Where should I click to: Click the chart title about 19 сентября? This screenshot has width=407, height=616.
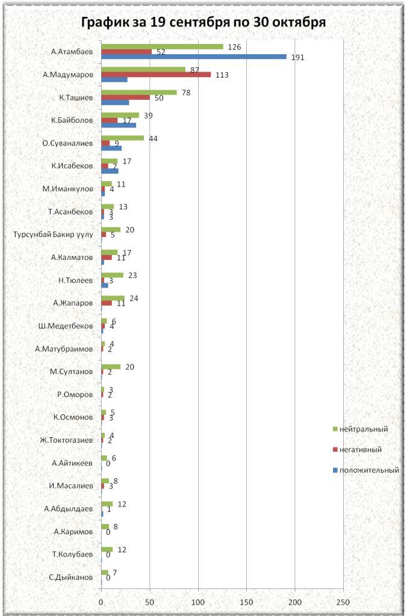[x=203, y=23]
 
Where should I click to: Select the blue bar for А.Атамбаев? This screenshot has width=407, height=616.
[x=193, y=57]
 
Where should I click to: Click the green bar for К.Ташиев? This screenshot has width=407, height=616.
[x=138, y=92]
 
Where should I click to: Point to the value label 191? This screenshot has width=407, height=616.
[x=297, y=58]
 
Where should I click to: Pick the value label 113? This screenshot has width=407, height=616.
[x=222, y=75]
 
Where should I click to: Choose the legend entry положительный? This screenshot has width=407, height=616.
[x=368, y=470]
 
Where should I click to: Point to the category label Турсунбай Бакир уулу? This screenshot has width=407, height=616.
[x=53, y=235]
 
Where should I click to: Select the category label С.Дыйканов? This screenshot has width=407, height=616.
[x=71, y=577]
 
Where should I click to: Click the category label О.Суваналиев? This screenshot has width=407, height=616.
[x=67, y=143]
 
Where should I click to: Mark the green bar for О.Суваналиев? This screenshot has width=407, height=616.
[x=122, y=138]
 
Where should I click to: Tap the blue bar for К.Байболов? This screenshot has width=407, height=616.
[x=118, y=125]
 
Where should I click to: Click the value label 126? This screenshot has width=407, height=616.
[x=234, y=47]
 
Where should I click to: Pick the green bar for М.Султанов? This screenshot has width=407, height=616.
[x=111, y=366]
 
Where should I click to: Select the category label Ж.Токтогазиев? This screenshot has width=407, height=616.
[x=66, y=440]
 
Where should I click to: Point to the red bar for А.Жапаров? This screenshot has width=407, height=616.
[x=107, y=303]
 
